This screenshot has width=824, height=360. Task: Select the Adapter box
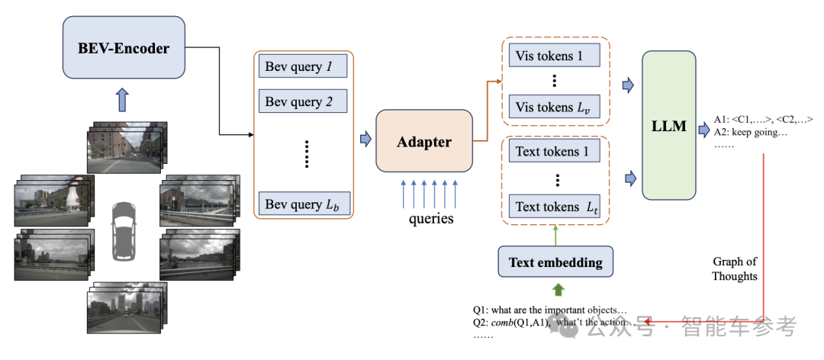424,142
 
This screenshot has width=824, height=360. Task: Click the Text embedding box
556,262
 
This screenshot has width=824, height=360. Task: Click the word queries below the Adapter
429,219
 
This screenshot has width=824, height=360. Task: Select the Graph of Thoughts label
735,268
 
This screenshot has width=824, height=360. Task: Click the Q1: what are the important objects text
549,310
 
